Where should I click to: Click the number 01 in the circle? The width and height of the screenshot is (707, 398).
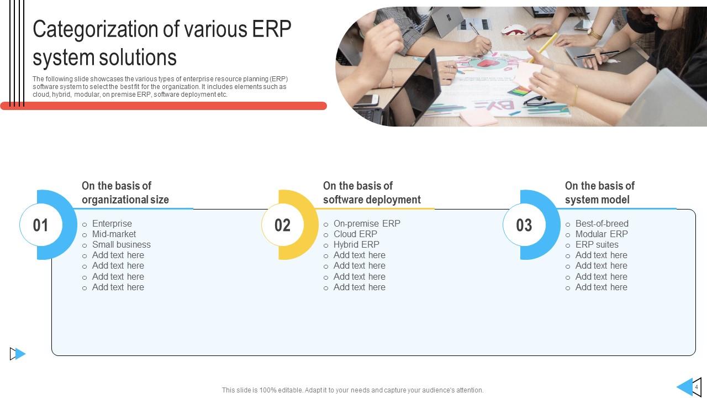click(x=40, y=225)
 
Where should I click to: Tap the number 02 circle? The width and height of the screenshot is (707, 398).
click(x=282, y=225)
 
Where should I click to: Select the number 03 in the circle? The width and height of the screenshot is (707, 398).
click(x=524, y=225)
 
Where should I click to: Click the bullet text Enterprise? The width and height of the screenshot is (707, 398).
click(x=112, y=224)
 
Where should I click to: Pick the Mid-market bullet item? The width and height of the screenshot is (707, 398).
click(x=114, y=234)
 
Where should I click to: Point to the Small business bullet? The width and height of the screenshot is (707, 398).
click(x=121, y=244)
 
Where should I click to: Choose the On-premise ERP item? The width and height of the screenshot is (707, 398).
click(x=367, y=224)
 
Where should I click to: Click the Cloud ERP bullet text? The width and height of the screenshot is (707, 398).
click(x=355, y=234)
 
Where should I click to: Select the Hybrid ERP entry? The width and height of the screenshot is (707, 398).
click(x=356, y=244)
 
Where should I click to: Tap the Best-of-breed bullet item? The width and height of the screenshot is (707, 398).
click(x=602, y=224)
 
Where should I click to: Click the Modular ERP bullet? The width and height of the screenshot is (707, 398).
click(x=602, y=234)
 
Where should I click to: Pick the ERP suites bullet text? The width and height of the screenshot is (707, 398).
click(x=597, y=244)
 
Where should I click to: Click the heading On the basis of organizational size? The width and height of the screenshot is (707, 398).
click(x=125, y=193)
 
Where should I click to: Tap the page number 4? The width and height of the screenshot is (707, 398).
click(x=697, y=387)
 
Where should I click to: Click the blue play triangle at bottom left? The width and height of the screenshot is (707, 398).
click(x=19, y=354)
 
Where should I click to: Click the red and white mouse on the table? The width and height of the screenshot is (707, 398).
click(x=514, y=30)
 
